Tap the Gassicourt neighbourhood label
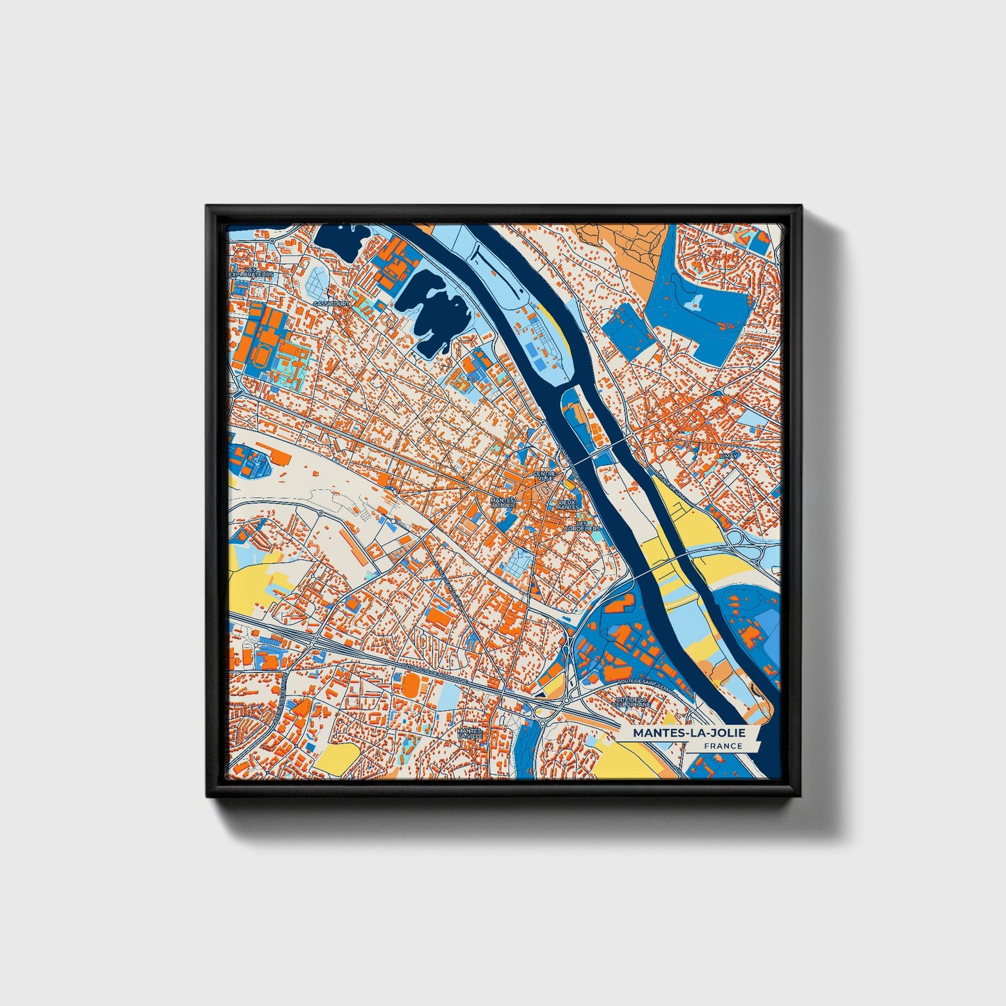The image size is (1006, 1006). click(331, 304)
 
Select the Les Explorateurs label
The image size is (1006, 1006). click(251, 272)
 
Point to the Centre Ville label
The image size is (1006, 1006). click(544, 476)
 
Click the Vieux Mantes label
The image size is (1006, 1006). click(567, 504)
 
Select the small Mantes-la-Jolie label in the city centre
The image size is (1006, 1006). click(503, 502)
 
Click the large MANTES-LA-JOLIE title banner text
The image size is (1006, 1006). click(689, 733)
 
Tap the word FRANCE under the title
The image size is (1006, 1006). click(723, 746)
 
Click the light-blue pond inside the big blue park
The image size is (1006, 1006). click(695, 301)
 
